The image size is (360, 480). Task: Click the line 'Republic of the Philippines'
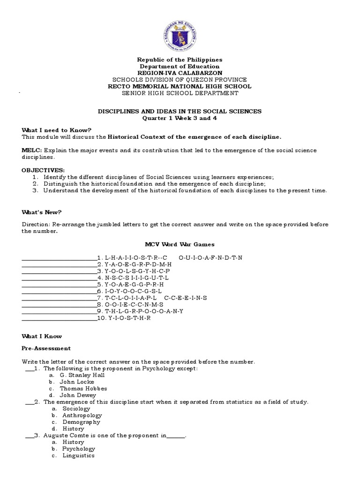point(180,60)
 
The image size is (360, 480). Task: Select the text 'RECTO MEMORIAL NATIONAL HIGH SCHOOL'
point(180,86)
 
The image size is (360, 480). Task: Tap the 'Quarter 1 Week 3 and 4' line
point(180,118)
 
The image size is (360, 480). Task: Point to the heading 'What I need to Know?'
point(56,130)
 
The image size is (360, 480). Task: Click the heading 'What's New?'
point(42,212)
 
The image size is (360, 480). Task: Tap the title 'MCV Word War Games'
point(180,244)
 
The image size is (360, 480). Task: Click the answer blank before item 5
point(59,285)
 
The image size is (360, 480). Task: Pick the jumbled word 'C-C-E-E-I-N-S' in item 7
point(186,298)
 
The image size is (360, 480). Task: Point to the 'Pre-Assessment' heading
point(46,348)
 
